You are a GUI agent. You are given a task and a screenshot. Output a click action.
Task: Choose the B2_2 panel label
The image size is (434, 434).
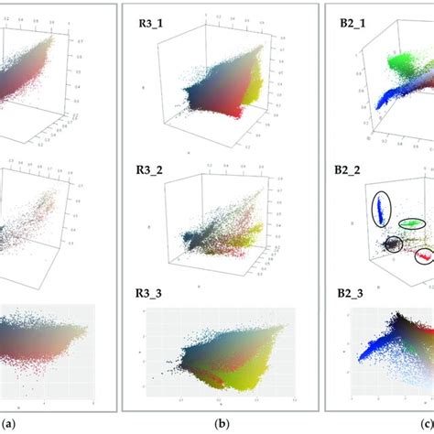(x=353, y=170)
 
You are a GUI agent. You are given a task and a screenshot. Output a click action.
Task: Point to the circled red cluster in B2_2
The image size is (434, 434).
(x=425, y=255)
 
